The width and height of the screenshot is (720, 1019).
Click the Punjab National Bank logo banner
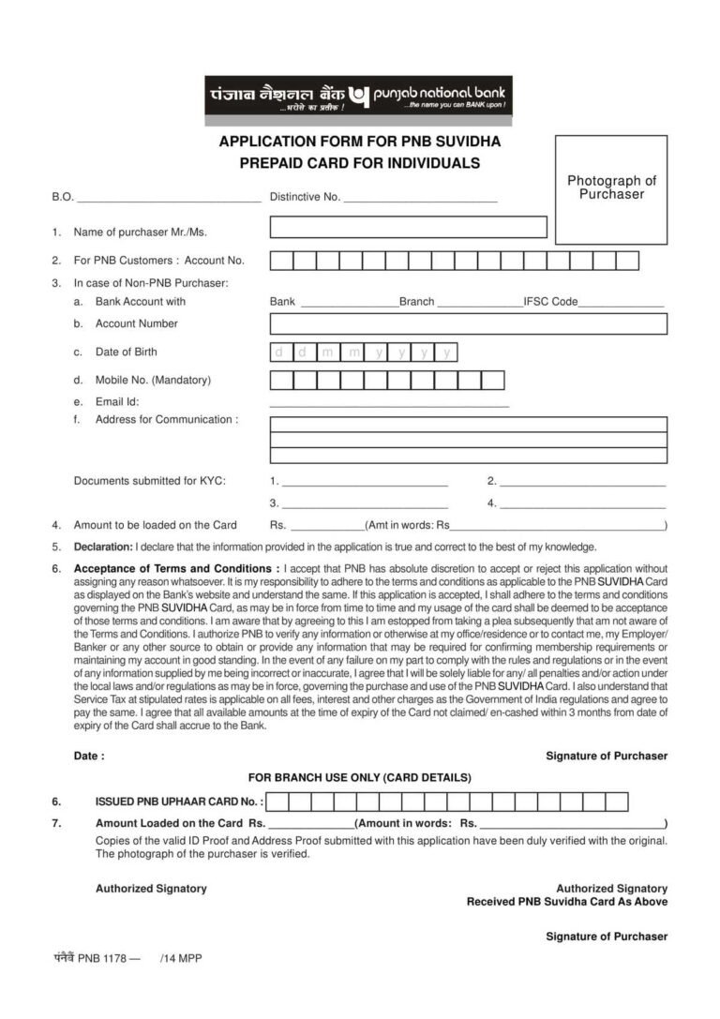359,97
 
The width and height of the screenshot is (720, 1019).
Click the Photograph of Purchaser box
611,187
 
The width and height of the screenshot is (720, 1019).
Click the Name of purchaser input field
408,227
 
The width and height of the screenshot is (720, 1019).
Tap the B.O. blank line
169,199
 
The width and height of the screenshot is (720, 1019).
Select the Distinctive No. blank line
420,199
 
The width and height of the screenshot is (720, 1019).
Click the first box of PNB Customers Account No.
281,261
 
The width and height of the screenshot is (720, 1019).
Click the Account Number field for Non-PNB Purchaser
468,324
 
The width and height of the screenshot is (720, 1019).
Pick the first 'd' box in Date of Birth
279,352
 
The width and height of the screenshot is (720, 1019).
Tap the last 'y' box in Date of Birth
448,352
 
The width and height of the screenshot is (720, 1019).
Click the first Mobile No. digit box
281,381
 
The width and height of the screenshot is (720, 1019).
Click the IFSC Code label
550,302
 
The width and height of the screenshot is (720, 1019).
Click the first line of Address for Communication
468,425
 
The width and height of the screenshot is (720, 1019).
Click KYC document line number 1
365,482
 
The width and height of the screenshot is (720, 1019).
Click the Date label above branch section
89,756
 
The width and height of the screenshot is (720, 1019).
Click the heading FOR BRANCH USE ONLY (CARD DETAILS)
359,778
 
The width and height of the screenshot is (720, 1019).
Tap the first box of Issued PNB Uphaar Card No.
277,802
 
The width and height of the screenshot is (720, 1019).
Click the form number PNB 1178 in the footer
97,958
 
